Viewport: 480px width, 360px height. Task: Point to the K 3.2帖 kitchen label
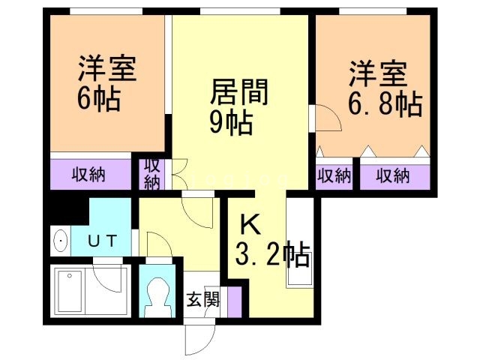tap(271, 241)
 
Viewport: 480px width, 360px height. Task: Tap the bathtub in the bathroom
tap(70, 291)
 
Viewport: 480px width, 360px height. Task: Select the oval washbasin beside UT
tap(61, 241)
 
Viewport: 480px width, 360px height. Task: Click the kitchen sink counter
tap(298, 244)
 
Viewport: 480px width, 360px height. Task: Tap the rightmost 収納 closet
tap(393, 176)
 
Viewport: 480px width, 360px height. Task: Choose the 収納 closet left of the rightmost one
tap(334, 176)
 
